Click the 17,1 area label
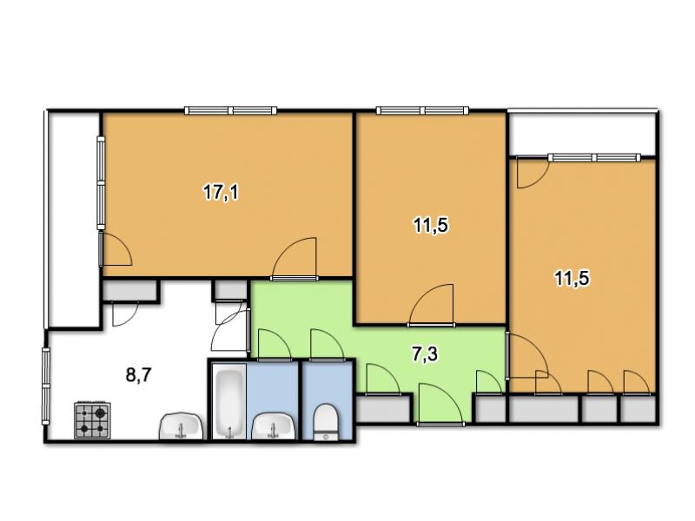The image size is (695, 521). [x=221, y=193]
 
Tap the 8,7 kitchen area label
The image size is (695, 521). [x=139, y=375]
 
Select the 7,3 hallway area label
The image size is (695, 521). [x=425, y=354]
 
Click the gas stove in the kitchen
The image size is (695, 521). [x=93, y=420]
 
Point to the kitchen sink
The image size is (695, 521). [x=181, y=426]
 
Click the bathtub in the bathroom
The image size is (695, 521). [x=229, y=401]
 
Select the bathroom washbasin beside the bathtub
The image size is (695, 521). [x=273, y=426]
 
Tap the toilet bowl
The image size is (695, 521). [x=327, y=422]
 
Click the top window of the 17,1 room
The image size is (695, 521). [x=230, y=110]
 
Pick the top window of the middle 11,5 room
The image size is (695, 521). [x=422, y=110]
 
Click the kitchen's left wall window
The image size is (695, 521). [x=46, y=386]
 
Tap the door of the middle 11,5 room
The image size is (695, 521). [x=431, y=305]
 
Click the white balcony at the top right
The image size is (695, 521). [x=581, y=134]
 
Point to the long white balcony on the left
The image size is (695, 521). [x=73, y=220]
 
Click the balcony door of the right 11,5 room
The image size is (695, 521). [x=533, y=173]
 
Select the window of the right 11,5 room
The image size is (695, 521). [x=594, y=157]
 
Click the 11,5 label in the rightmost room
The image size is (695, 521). [x=572, y=279]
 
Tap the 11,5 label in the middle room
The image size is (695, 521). [x=431, y=226]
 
